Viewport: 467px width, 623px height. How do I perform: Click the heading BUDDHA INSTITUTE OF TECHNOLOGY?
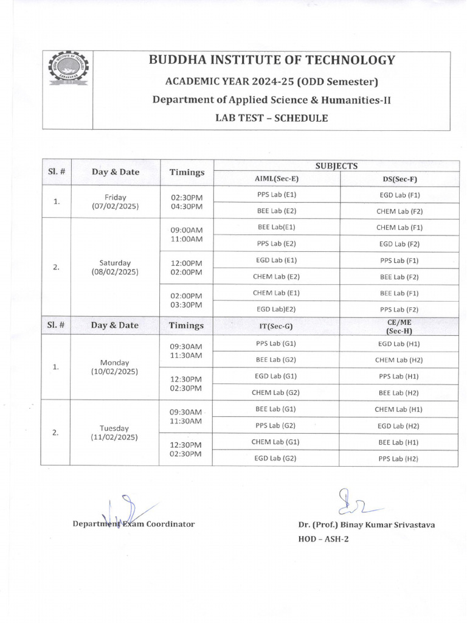[x=272, y=60]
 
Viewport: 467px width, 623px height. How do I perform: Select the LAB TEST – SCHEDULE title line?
[x=271, y=118]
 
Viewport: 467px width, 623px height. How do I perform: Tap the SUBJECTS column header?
[x=336, y=165]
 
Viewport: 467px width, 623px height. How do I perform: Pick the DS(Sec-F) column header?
[x=398, y=179]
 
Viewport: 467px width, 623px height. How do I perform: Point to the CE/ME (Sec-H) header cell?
[x=398, y=325]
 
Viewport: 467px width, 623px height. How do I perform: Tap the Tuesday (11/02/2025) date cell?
[x=115, y=433]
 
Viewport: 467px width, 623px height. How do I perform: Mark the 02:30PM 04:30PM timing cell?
[x=186, y=202]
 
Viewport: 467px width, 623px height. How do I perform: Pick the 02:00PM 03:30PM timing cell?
[x=186, y=300]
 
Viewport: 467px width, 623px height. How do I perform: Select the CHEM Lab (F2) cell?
[x=399, y=211]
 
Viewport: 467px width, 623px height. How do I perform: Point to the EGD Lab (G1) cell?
[x=276, y=376]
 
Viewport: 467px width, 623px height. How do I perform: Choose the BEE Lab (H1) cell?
[x=399, y=442]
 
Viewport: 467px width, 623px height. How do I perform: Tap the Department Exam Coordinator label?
[x=134, y=524]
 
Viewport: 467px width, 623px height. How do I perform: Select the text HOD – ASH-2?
[x=323, y=539]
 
